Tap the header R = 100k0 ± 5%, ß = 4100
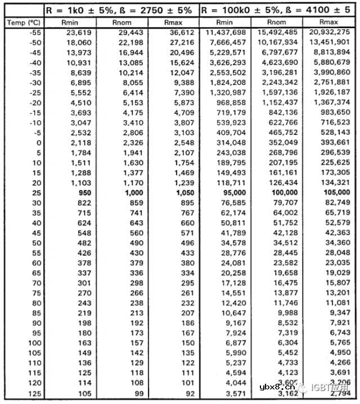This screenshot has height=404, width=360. pos(277,10)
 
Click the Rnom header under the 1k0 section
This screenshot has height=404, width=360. pos(121,22)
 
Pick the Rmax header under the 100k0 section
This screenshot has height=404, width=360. pos(329,22)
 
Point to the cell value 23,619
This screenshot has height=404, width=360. pos(79,33)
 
